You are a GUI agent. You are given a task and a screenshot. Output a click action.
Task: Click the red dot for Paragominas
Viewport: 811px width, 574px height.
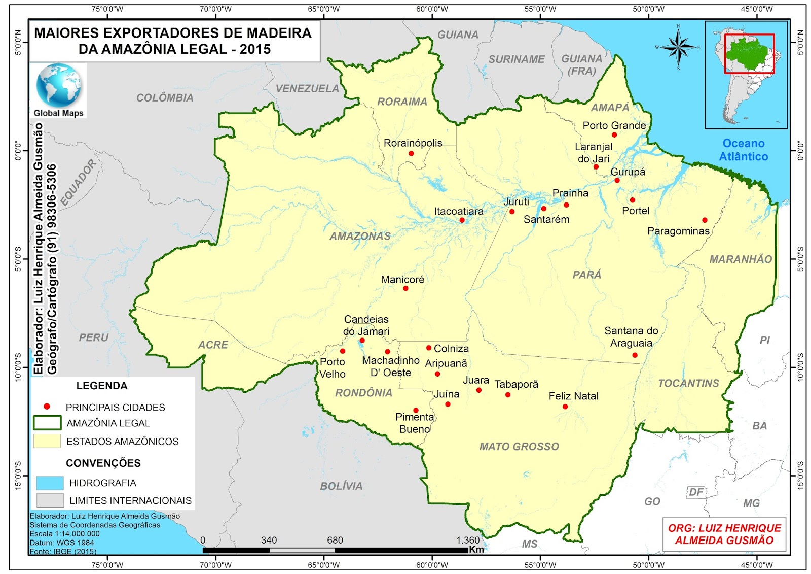tap(705, 220)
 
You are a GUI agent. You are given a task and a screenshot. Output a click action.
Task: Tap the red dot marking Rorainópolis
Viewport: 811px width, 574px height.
tap(411, 153)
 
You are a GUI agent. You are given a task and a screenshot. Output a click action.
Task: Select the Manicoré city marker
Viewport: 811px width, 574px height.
tap(405, 288)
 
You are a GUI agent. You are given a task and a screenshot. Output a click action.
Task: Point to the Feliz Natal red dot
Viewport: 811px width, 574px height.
tap(565, 407)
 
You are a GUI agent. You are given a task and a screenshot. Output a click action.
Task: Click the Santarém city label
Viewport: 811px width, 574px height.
tap(546, 220)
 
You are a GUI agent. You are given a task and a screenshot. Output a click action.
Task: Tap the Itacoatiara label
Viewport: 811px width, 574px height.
tap(459, 211)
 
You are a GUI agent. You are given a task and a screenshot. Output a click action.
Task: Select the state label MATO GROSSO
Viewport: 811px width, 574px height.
tap(519, 447)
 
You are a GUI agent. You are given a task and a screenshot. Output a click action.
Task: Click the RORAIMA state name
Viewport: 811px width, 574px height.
tap(402, 102)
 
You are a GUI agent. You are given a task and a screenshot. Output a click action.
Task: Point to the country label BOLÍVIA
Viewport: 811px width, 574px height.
tap(341, 486)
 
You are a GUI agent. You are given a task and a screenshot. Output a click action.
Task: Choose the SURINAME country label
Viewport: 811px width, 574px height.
tap(516, 59)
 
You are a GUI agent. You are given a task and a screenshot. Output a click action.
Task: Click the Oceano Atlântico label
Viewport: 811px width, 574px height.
tap(744, 150)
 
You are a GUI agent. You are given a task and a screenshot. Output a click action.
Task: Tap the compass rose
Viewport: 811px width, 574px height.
tap(678, 48)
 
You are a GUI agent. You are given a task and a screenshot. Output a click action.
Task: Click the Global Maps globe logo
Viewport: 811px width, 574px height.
tap(58, 85)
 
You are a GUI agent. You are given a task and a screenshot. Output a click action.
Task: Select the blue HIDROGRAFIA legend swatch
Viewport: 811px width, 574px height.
tap(50, 483)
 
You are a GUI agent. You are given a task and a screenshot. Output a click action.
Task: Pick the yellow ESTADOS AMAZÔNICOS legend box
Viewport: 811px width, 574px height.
tap(47, 441)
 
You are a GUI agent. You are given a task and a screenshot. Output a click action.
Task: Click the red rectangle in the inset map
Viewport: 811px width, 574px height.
tap(749, 54)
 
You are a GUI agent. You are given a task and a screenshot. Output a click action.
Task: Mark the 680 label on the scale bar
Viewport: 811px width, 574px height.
tap(335, 540)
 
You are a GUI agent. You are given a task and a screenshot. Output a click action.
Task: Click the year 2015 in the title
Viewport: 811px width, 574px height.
tap(255, 49)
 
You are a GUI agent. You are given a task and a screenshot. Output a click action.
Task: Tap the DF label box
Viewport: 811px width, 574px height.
tap(696, 492)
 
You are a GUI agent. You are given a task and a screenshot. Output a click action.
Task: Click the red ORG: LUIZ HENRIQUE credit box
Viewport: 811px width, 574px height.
tap(724, 534)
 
